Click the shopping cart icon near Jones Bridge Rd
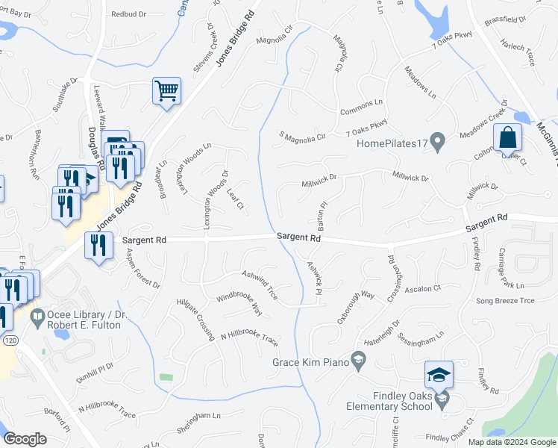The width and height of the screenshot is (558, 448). pyautogui.click(x=167, y=91)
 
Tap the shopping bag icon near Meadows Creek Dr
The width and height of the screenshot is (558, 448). pyautogui.click(x=507, y=138)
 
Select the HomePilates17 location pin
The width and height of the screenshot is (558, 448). pyautogui.click(x=439, y=140)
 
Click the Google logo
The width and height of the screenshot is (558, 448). pyautogui.click(x=25, y=439)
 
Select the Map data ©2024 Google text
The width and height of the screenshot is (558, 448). pyautogui.click(x=511, y=442)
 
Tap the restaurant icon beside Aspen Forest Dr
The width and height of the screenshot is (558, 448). pyautogui.click(x=98, y=246)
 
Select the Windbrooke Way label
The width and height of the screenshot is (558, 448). pyautogui.click(x=239, y=301)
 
